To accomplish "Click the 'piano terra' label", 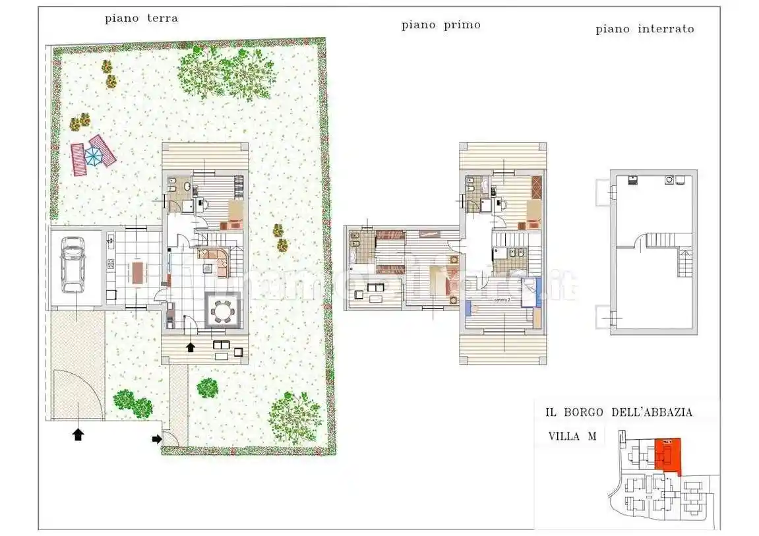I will coord(141,18).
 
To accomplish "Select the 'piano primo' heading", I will coord(440,25).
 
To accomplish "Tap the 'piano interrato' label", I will coord(644,29).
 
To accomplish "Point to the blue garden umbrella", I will coord(94,156).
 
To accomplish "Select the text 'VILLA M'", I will coord(571,436).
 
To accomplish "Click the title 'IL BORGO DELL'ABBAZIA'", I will coord(619,412).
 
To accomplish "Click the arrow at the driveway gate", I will coord(78,434).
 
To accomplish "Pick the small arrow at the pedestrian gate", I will coord(157,438).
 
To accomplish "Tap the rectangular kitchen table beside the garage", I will coord(138,272).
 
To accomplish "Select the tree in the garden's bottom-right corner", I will coord(295,416).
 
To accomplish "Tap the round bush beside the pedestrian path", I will coord(207,388).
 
